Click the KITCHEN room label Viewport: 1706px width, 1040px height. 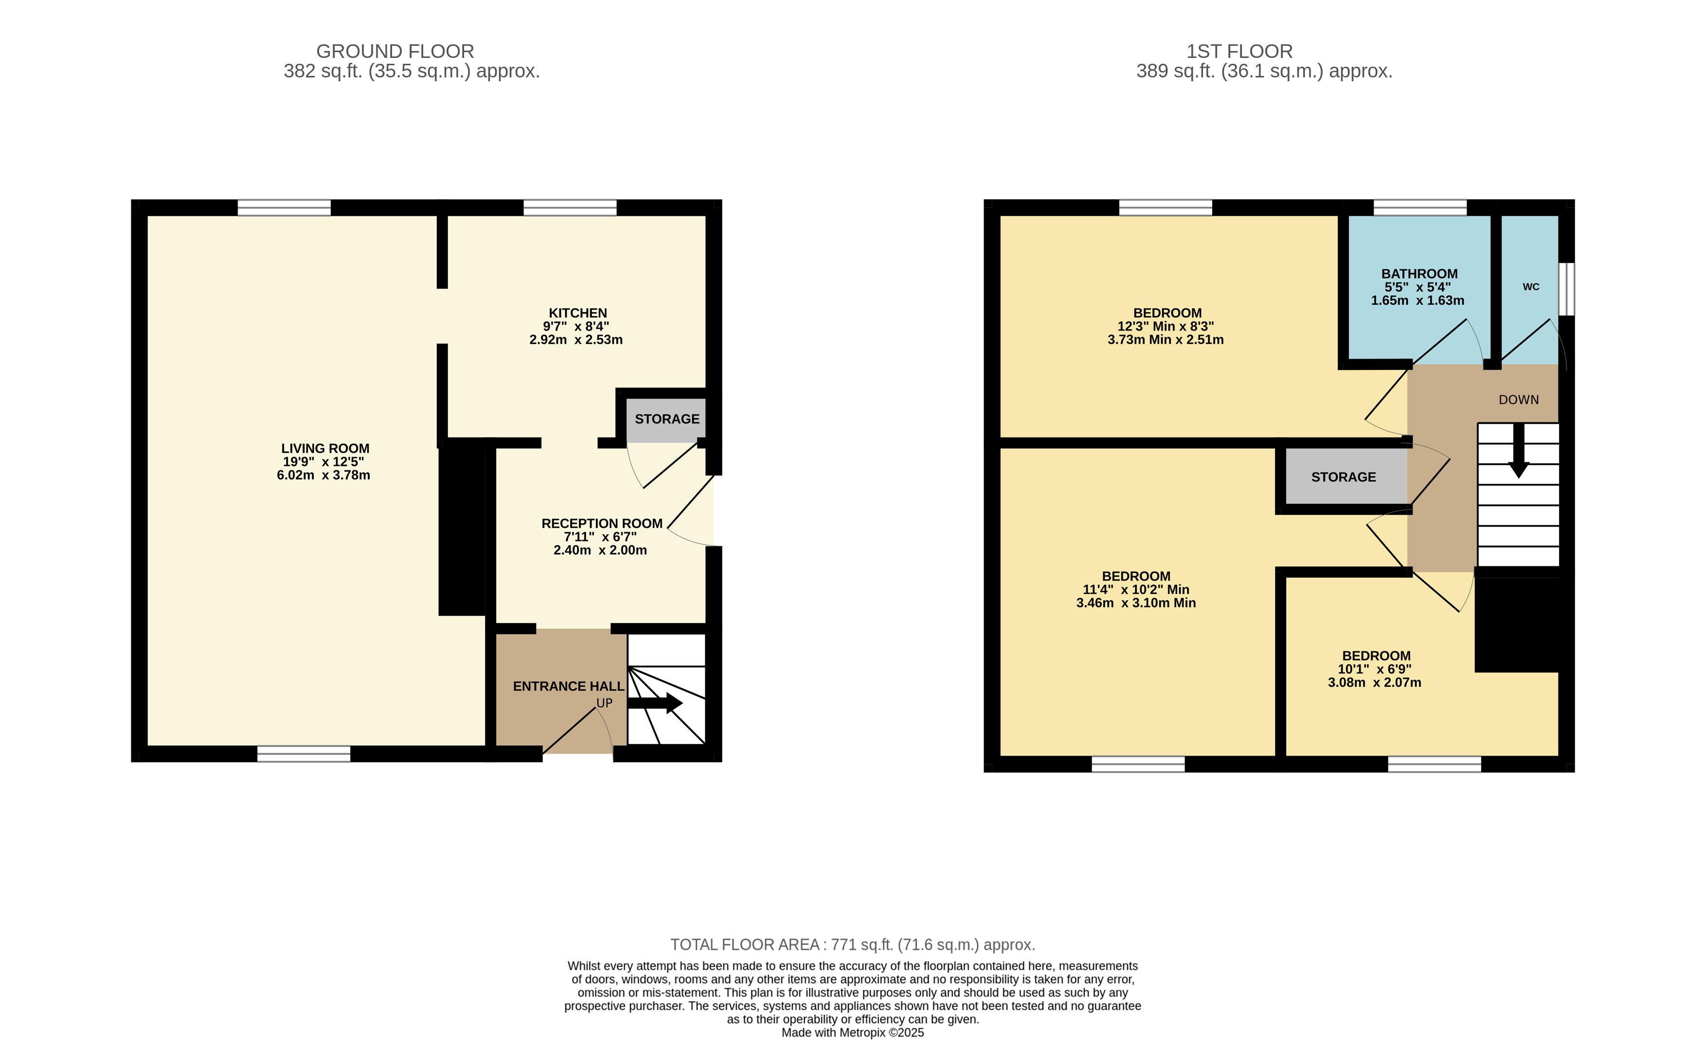577,313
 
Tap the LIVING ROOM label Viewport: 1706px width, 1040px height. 325,448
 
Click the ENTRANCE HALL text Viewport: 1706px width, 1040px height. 569,686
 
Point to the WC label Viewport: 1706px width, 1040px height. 1531,287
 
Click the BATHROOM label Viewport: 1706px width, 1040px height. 1419,274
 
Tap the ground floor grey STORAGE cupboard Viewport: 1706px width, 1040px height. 666,420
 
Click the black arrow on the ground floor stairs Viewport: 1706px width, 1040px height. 655,703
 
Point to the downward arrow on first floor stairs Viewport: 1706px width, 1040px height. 1518,450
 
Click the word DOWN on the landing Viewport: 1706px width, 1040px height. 1518,400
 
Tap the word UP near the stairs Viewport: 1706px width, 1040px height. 605,703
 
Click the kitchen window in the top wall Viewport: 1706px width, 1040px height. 570,207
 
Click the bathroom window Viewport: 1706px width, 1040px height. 1420,207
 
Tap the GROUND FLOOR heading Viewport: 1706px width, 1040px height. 395,51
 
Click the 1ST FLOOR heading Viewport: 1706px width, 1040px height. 1239,51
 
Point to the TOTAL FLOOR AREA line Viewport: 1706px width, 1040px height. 852,945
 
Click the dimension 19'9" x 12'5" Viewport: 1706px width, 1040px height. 323,462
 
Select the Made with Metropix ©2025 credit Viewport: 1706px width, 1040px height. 852,1032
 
